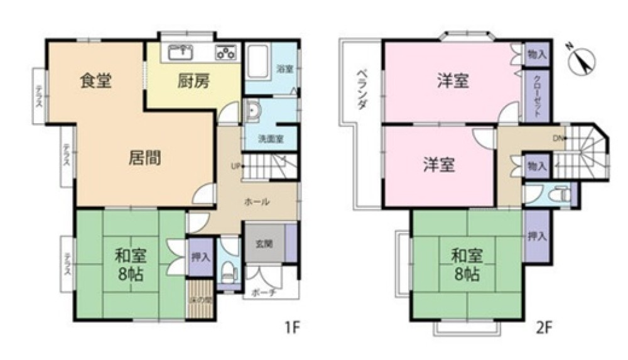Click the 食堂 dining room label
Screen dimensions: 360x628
coord(96,81)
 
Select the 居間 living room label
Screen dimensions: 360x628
coord(144,158)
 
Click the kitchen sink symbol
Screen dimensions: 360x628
coord(180,50)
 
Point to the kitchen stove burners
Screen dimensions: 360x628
coord(226,52)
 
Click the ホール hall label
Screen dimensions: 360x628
coord(257,202)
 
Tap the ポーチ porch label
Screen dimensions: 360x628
coord(264,293)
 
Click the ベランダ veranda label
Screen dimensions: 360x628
coord(362,89)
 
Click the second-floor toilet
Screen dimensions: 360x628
coord(561,195)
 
